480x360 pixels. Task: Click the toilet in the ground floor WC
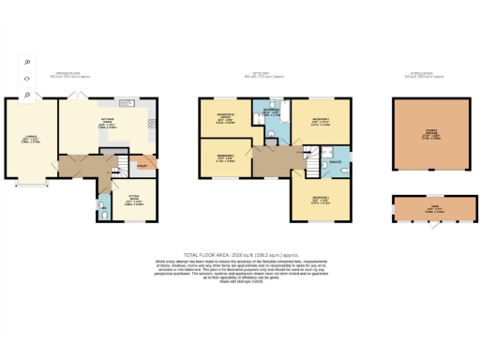point(103,216)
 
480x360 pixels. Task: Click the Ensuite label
point(336,161)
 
